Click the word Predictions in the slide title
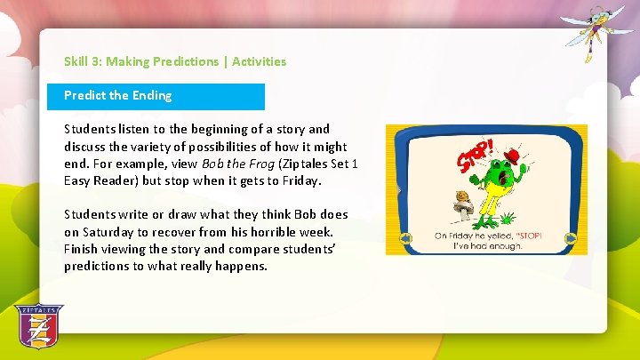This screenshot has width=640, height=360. [x=185, y=61]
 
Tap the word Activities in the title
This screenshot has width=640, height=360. [x=259, y=61]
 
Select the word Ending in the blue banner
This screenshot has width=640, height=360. [x=153, y=95]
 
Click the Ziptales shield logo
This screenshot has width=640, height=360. [x=39, y=327]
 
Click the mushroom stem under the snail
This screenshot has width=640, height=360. [x=464, y=212]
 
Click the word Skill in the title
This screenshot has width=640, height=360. [x=76, y=61]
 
